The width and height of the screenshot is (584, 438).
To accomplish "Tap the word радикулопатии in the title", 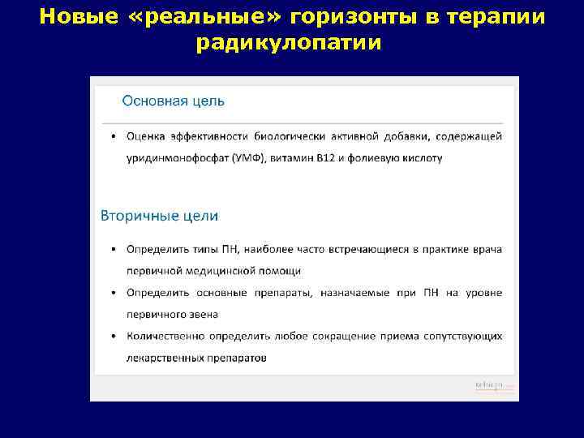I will tap(288, 43).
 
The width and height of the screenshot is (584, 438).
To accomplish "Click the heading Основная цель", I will tap(173, 101).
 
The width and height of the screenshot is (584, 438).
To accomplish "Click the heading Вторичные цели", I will tap(159, 216).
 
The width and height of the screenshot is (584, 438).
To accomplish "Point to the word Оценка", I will tap(145, 136).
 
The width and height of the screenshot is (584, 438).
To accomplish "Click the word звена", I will tap(202, 314).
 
